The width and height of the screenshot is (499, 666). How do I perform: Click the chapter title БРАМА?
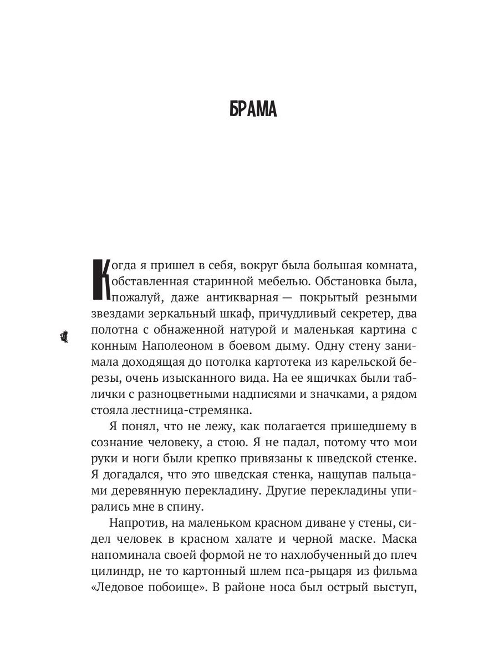(253, 109)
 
